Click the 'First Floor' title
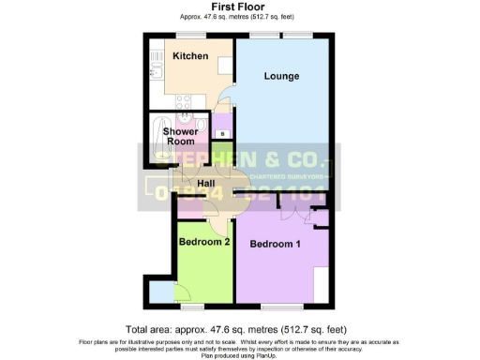pos(240,7)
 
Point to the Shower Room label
pos(180,137)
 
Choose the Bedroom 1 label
pos(275,244)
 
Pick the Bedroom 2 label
pos(204,242)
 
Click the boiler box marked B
pos(220,134)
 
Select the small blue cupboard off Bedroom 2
pos(160,292)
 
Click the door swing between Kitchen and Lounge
pos(223,97)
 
